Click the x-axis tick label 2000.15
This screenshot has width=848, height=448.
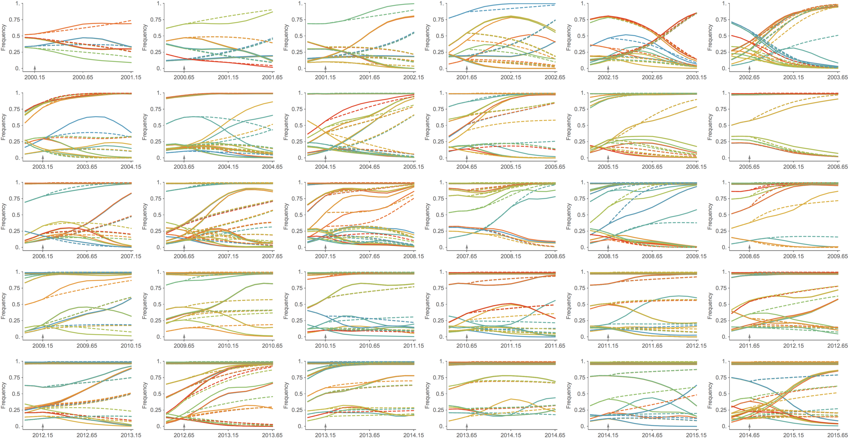click(35, 77)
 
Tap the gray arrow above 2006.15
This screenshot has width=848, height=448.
click(43, 246)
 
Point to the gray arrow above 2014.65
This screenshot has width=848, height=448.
click(750, 426)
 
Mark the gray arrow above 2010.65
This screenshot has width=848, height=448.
click(467, 336)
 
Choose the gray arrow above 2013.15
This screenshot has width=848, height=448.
click(325, 426)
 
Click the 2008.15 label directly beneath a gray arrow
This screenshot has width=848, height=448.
click(608, 256)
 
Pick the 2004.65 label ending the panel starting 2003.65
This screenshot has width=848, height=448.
click(272, 167)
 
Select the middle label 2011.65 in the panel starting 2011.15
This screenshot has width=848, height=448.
click(652, 346)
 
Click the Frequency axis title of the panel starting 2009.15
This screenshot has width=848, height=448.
click(3, 306)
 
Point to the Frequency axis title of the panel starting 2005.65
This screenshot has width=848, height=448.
click(710, 127)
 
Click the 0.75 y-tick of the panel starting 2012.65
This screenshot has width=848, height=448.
click(156, 378)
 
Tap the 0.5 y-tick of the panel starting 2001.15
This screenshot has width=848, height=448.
click(299, 36)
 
